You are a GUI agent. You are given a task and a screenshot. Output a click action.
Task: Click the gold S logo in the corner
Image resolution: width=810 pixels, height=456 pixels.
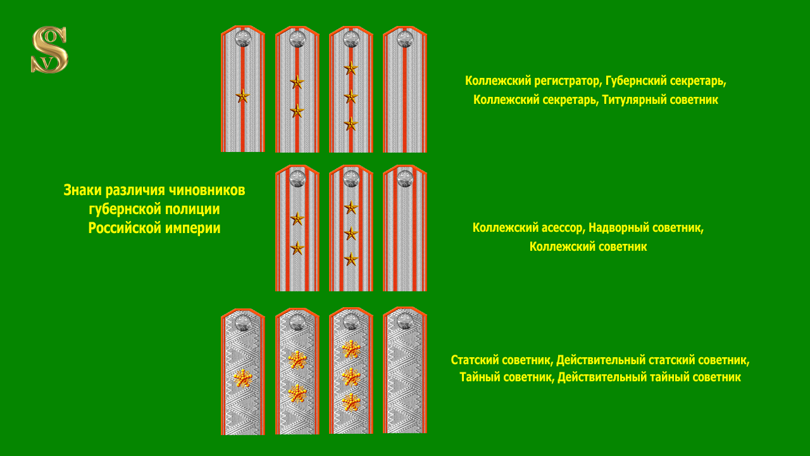(x=49, y=49)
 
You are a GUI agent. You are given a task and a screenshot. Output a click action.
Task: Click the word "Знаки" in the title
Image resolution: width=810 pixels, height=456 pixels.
(x=82, y=190)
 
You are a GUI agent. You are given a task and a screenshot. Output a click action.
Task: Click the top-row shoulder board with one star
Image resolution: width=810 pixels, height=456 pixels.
(x=243, y=89)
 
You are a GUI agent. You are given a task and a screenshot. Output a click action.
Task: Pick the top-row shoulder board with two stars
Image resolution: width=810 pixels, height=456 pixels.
(x=297, y=89)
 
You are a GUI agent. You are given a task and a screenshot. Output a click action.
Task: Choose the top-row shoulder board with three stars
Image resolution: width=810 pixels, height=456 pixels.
(x=351, y=89)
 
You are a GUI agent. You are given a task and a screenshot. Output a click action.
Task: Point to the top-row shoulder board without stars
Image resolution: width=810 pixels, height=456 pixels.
(x=405, y=89)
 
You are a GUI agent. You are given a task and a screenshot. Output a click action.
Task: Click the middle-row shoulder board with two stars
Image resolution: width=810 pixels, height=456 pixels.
(x=297, y=228)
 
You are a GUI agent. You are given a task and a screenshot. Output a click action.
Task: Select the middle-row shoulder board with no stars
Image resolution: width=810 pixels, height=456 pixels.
(x=405, y=228)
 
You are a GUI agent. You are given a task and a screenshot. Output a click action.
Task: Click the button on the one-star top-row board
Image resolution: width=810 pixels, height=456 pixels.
(x=243, y=39)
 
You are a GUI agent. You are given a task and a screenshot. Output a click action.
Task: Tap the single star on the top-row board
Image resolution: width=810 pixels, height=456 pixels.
(x=242, y=96)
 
